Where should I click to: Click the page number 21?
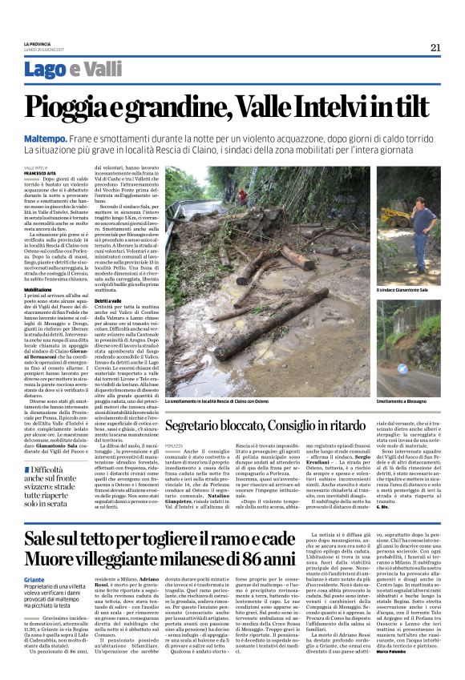tap(435, 47)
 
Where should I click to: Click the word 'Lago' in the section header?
tap(46, 70)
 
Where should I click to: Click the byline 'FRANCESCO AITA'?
tap(40, 172)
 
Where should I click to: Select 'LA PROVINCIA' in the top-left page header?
tap(37, 43)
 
